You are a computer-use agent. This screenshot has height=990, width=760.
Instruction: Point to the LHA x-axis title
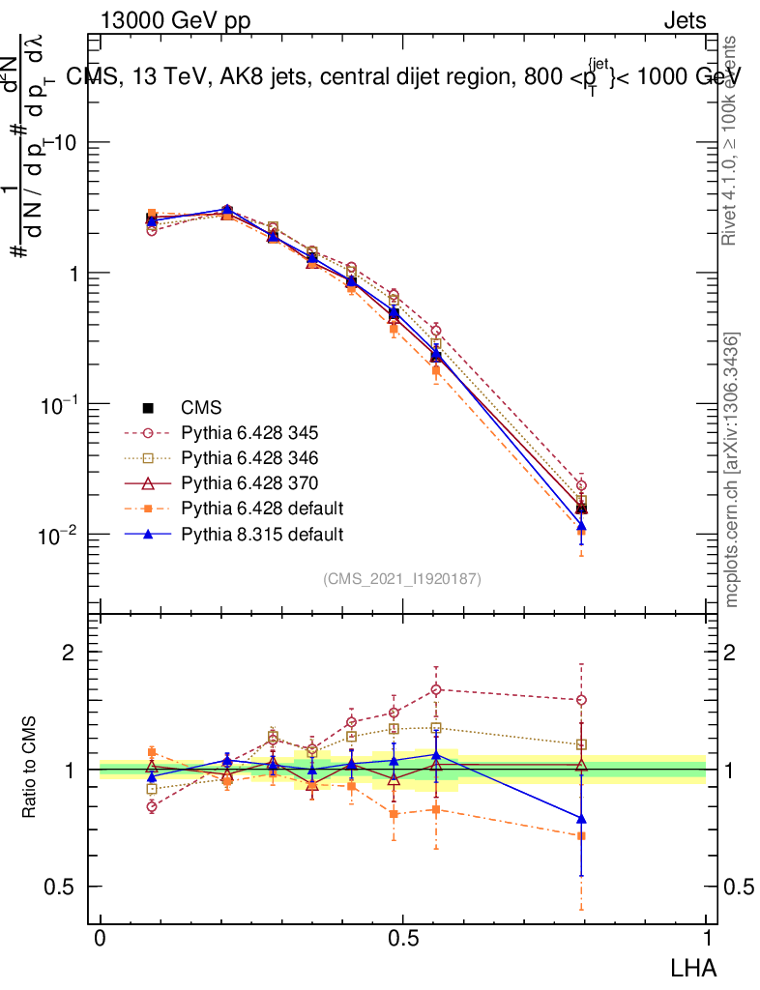695,967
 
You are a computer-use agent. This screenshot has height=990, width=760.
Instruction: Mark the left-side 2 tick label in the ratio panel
69,653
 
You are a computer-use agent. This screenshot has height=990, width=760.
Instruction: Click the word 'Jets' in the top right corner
685,21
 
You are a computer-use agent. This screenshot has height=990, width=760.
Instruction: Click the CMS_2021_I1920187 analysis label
402,578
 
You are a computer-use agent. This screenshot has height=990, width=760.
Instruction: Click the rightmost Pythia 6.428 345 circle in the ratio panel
581,700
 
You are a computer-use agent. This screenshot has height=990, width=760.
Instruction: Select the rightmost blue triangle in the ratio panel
581,818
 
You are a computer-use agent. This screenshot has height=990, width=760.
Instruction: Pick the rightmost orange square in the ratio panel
581,835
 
